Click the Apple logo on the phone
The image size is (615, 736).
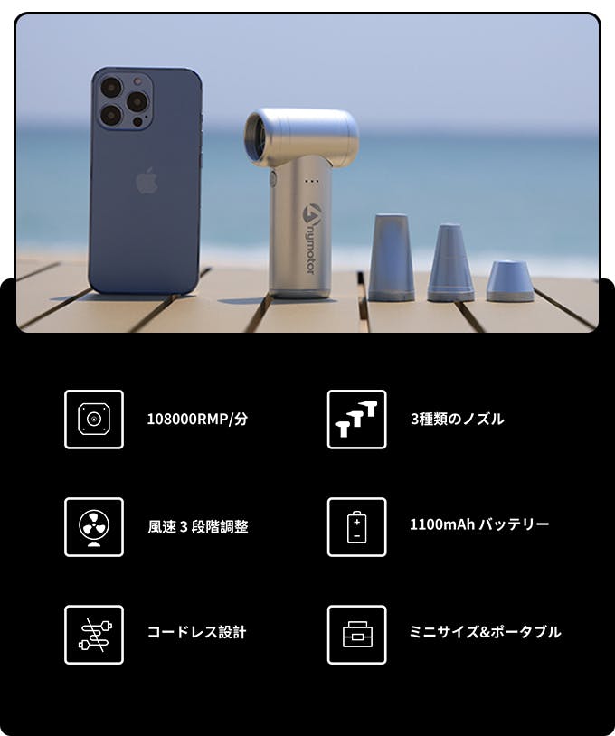(x=147, y=180)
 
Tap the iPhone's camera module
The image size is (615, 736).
(x=122, y=100)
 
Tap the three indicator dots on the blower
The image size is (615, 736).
(x=312, y=180)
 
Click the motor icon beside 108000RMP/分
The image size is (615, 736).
(x=94, y=420)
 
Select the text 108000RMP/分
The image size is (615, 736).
(x=197, y=419)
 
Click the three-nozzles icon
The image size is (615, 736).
(x=357, y=420)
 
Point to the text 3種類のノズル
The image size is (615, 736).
(x=458, y=419)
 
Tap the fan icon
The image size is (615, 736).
(x=94, y=527)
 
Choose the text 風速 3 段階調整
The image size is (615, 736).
(x=198, y=526)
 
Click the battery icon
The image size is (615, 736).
(x=357, y=527)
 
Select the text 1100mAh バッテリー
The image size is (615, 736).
(x=479, y=524)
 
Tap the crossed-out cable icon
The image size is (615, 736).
(x=94, y=635)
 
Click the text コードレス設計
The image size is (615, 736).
(x=196, y=632)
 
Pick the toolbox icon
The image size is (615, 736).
(x=357, y=635)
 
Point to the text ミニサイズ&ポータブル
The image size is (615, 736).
(x=486, y=632)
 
